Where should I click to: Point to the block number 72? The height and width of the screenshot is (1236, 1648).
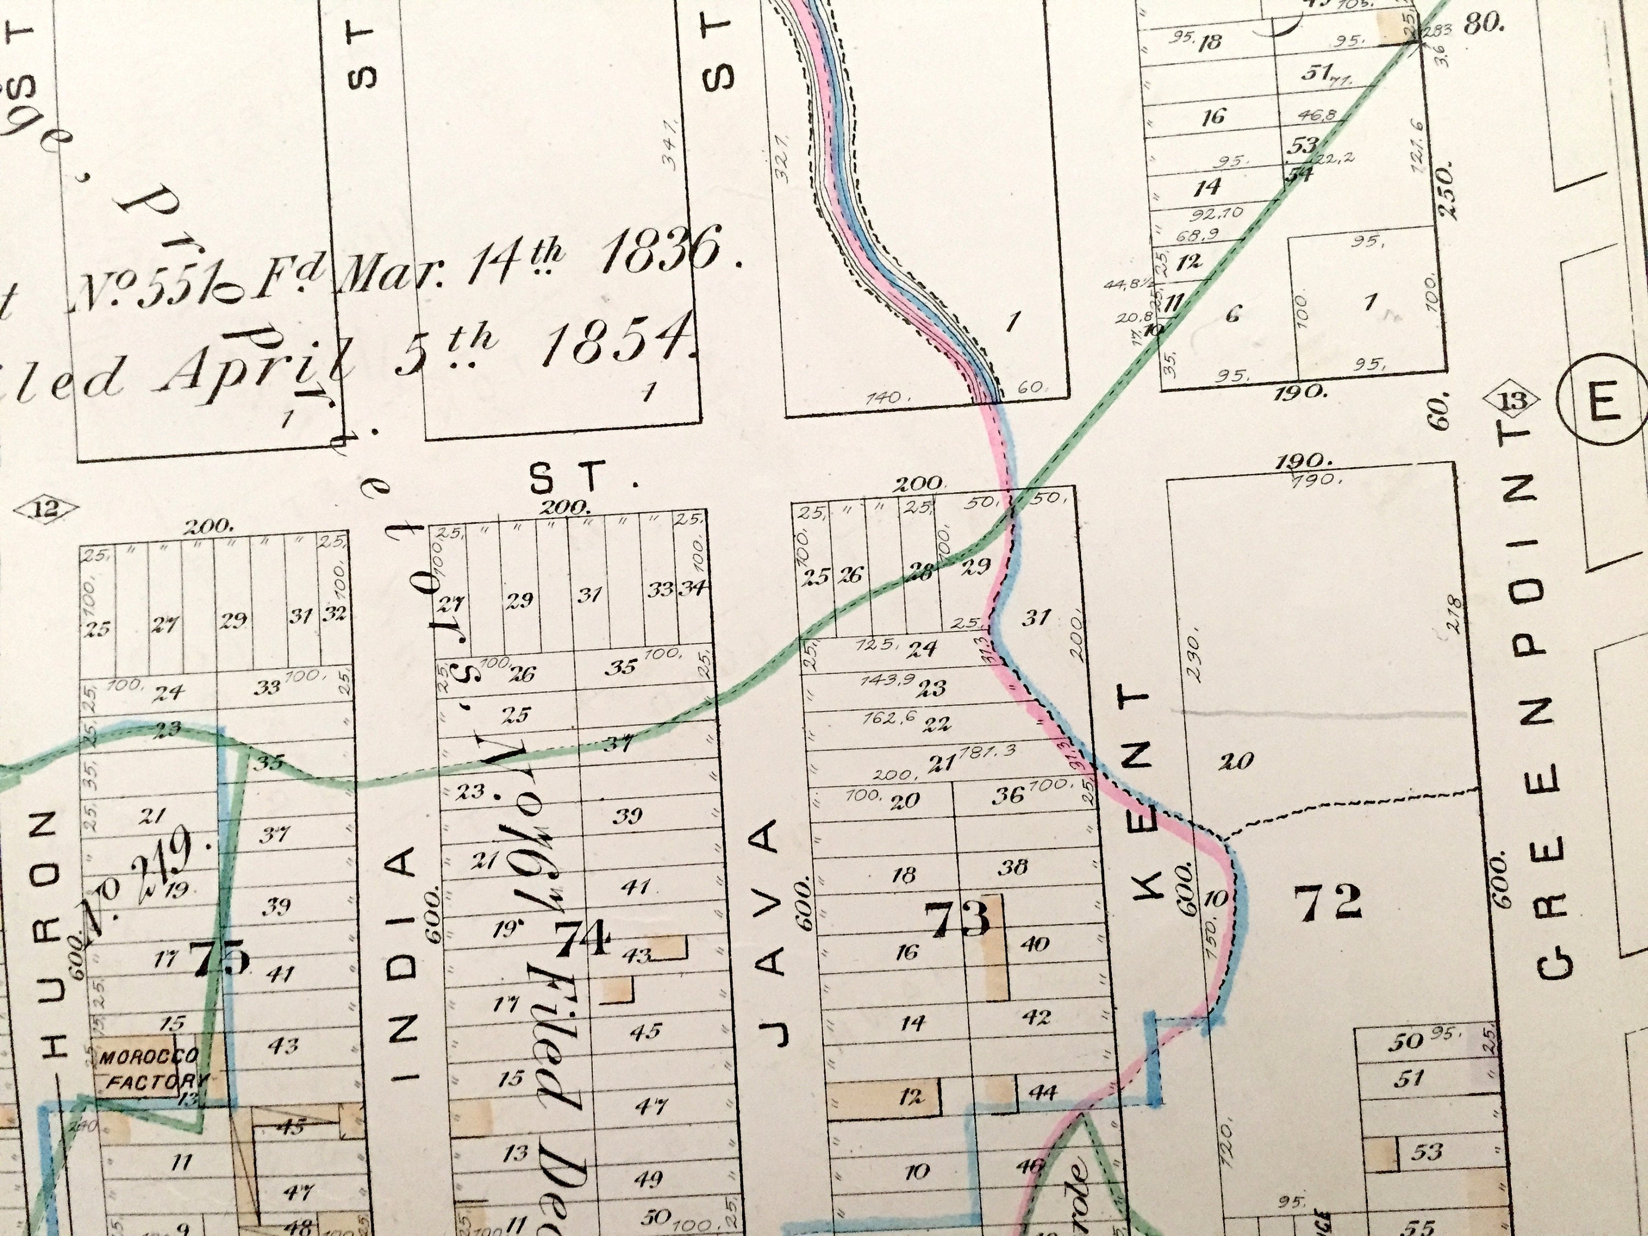tap(1328, 903)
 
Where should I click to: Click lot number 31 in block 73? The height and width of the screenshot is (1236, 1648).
tap(1035, 617)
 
